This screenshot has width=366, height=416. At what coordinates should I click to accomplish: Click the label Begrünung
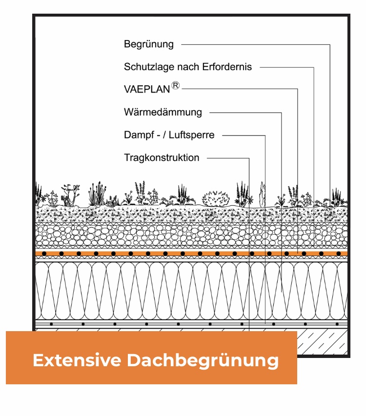click(149, 44)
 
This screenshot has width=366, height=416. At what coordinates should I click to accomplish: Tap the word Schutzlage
click(149, 67)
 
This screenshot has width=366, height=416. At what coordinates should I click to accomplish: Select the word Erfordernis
click(227, 67)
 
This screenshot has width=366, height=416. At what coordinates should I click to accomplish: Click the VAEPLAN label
click(147, 89)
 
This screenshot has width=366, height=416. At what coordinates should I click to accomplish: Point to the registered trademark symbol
click(175, 85)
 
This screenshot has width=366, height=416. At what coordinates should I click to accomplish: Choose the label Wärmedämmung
click(163, 112)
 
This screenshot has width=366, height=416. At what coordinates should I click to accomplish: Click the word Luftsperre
click(191, 135)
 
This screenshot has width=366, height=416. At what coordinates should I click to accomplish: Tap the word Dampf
click(139, 135)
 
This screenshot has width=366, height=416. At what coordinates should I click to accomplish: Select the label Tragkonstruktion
click(162, 158)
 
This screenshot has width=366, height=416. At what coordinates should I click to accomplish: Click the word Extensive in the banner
click(77, 360)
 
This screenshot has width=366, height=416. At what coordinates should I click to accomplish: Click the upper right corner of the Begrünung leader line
click(330, 44)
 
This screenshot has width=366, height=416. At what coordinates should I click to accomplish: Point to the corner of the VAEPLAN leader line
click(298, 89)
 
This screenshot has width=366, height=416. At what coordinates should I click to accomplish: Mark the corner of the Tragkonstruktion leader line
click(249, 158)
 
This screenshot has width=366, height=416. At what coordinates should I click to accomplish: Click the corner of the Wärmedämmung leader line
click(282, 113)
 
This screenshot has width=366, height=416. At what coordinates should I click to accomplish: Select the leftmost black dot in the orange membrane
click(44, 254)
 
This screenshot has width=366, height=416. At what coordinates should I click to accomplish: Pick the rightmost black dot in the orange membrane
click(338, 254)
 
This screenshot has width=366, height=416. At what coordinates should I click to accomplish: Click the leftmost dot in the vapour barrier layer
click(51, 324)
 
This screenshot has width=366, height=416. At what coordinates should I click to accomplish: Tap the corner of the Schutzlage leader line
click(314, 67)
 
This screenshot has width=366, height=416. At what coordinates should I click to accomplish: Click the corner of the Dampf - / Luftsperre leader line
click(265, 135)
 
